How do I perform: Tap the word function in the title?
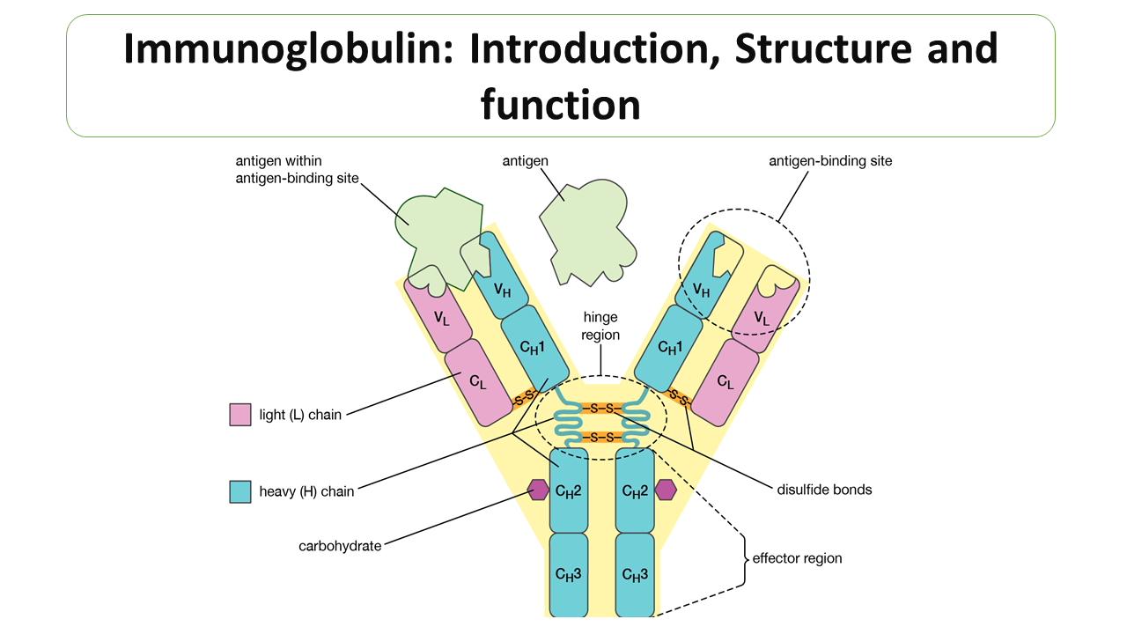click(x=560, y=104)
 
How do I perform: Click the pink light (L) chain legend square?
click(x=240, y=415)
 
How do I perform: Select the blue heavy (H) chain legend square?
click(x=240, y=491)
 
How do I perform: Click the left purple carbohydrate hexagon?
click(x=538, y=490)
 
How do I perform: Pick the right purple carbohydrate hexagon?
click(x=666, y=490)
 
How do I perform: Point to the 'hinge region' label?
click(x=600, y=326)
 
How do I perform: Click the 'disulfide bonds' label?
click(x=824, y=490)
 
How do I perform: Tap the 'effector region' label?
click(x=796, y=558)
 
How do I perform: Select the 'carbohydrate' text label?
click(x=340, y=546)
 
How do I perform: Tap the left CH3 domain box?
click(x=569, y=575)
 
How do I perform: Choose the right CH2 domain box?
click(x=635, y=490)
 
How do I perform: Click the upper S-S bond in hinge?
click(x=601, y=409)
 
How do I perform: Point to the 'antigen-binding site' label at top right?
click(x=830, y=161)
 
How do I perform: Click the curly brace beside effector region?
click(x=745, y=558)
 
